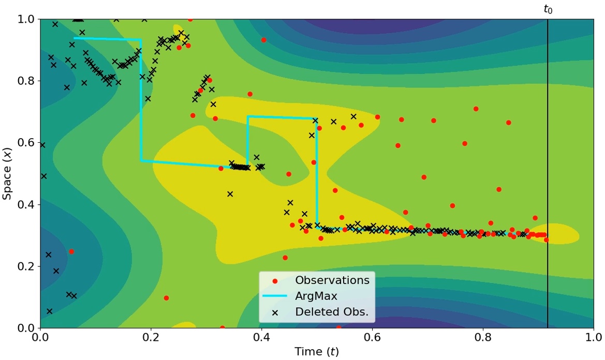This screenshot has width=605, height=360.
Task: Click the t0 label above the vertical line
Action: point(548,9)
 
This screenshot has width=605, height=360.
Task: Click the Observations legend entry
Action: point(332,280)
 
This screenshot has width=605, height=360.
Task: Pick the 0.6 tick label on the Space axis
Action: point(25,143)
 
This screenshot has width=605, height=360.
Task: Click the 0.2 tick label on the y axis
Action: point(25,266)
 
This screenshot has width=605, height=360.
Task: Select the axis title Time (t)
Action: point(317,352)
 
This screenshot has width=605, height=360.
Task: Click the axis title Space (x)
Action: point(8,174)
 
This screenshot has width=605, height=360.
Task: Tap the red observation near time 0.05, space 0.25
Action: point(71,252)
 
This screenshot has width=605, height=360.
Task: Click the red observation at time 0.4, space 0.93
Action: point(263,40)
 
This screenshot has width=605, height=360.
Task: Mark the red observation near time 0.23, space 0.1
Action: point(166,298)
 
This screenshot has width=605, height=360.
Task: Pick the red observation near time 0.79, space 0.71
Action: point(476,109)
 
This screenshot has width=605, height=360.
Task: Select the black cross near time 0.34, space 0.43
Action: point(230,194)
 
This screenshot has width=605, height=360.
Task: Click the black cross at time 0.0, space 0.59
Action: point(42,145)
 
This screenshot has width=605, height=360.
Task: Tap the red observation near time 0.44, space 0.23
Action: point(285,258)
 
